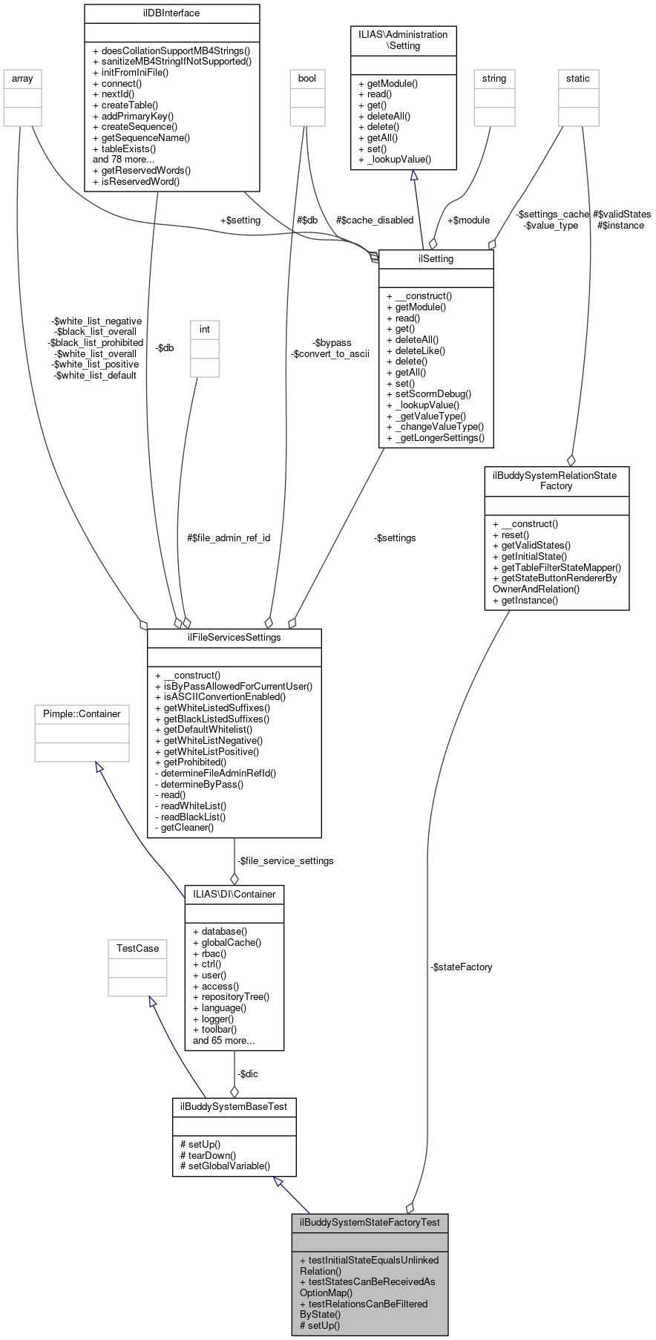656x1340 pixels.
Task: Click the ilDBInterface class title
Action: [171, 13]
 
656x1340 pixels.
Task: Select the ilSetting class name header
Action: [436, 259]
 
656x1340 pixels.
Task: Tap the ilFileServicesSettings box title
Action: [234, 638]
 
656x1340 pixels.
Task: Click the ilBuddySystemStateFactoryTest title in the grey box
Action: [369, 1222]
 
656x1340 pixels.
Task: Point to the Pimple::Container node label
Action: [82, 714]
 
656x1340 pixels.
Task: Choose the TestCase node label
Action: [137, 949]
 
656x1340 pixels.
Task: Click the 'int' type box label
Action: [204, 330]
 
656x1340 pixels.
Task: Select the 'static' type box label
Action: [577, 79]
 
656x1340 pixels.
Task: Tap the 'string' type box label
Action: [493, 79]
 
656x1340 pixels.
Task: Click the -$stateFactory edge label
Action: [461, 967]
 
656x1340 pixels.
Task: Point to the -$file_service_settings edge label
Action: [285, 861]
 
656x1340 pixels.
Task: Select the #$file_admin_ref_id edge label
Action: [229, 537]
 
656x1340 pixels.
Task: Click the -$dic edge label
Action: [247, 1074]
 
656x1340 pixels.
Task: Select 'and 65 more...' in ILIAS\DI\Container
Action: [223, 1041]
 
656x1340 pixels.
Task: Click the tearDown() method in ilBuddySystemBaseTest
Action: [211, 1155]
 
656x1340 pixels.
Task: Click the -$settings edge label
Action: [395, 538]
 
